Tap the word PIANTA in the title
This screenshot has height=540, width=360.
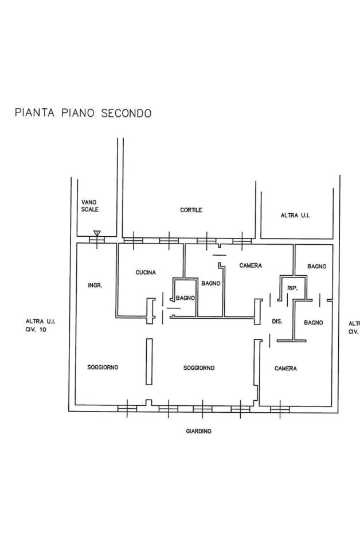[x=35, y=113]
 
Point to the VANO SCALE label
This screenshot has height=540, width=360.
[x=89, y=206]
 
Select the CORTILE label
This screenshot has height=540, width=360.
[x=191, y=210]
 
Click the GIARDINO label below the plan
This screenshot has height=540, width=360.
[x=198, y=431]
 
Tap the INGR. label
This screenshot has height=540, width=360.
[x=95, y=285]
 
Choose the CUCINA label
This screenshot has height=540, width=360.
[x=146, y=272]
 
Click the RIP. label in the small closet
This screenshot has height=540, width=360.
[x=292, y=288]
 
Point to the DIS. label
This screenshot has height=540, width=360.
[x=277, y=322]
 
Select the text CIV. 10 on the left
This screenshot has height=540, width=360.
[x=36, y=330]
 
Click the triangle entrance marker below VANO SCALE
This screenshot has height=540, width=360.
[x=97, y=233]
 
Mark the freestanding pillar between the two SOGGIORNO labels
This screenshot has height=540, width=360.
[x=149, y=362]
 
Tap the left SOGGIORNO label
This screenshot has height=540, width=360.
[x=103, y=367]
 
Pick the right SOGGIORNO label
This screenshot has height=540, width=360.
[x=199, y=368]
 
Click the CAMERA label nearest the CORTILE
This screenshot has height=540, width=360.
[x=251, y=266]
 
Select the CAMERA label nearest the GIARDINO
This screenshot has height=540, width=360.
[x=285, y=369]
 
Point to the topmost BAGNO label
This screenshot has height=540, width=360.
[x=316, y=267]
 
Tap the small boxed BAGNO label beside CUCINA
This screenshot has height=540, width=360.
[x=186, y=298]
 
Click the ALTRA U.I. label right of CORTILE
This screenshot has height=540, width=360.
[x=295, y=216]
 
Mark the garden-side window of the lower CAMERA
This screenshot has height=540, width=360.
[x=279, y=409]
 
